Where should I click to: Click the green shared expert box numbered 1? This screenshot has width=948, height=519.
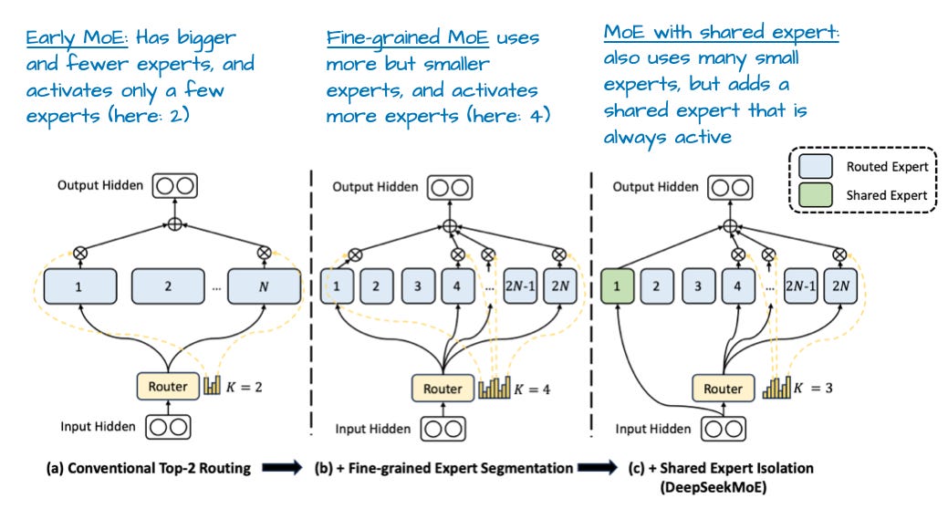point(618,286)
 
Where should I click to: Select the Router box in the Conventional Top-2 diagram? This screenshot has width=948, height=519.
point(167,386)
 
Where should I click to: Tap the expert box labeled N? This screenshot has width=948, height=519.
point(264,286)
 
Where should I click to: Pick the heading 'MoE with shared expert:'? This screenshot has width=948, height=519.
point(721,33)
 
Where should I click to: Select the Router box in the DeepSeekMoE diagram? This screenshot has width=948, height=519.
point(724,389)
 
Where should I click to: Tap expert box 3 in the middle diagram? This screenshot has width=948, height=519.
point(417,286)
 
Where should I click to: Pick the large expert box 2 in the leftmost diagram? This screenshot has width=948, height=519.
point(168,286)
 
